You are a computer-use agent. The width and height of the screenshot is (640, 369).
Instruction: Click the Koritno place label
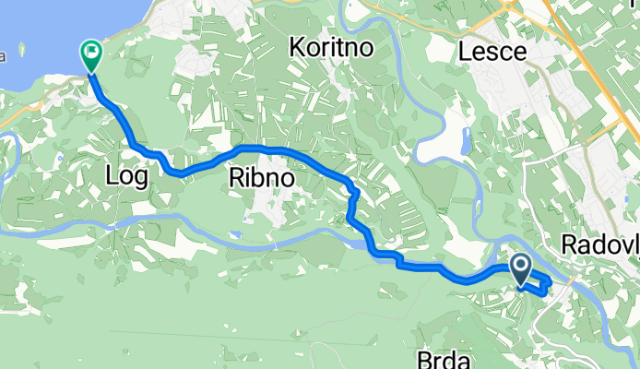click(x=331, y=47)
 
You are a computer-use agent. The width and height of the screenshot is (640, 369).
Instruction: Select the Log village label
click(x=127, y=176)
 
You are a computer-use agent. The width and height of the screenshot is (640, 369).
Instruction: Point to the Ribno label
click(x=261, y=179)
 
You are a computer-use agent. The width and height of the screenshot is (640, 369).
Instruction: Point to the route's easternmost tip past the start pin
click(x=551, y=280)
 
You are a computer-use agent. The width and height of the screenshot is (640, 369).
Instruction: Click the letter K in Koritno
click(x=297, y=47)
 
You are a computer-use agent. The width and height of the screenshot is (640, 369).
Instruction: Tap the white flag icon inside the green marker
click(x=92, y=52)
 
